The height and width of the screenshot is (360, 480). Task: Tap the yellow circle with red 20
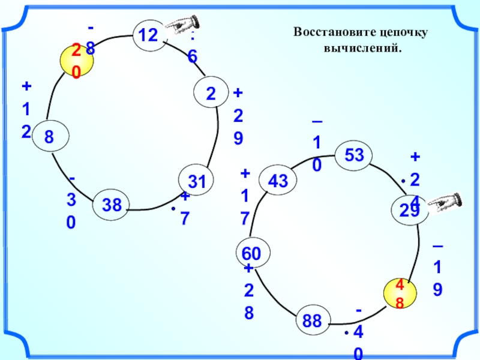click(76, 60)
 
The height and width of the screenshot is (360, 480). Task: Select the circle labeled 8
click(49, 136)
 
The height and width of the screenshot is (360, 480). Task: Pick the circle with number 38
click(111, 206)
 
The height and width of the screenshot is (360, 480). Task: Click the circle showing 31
click(196, 181)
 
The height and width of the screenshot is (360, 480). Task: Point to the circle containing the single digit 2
click(211, 95)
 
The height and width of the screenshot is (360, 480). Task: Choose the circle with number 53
click(353, 155)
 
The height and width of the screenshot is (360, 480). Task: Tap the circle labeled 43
click(277, 180)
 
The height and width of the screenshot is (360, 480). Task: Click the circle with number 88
click(312, 321)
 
